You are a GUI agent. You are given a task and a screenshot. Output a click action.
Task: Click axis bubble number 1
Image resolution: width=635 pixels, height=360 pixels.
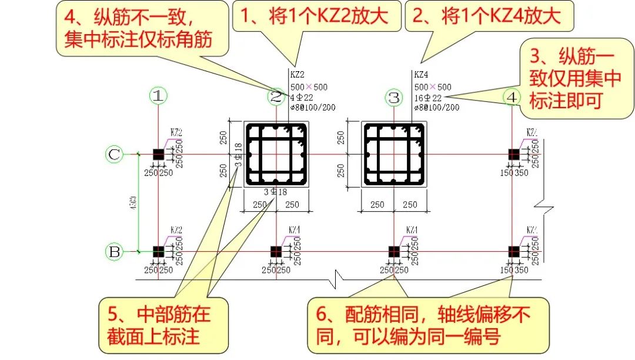[157, 96]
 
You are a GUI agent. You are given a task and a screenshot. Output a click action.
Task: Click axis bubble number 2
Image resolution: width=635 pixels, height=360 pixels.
[276, 97]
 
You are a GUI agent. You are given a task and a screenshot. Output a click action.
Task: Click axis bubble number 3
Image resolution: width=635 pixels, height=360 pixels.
[393, 97]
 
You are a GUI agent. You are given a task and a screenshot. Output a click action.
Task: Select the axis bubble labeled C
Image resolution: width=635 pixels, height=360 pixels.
[115, 154]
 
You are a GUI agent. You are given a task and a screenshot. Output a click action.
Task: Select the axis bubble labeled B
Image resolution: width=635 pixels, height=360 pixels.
[115, 252]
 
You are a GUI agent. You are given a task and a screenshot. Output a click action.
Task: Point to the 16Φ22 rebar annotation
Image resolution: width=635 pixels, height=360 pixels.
[428, 98]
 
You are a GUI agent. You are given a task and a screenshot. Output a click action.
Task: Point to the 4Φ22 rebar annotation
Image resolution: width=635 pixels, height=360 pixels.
[302, 98]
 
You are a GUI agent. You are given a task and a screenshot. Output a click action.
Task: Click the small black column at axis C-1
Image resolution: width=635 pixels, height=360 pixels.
[158, 154]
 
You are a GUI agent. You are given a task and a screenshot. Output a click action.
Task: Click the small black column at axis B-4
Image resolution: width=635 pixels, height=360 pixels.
[513, 251]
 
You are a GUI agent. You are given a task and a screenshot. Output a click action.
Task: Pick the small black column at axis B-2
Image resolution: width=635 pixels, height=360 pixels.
[276, 251]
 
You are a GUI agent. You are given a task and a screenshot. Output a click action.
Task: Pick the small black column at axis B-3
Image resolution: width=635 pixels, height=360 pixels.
[393, 251]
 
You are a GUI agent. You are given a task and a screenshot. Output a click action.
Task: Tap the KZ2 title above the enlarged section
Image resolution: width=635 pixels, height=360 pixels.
[298, 75]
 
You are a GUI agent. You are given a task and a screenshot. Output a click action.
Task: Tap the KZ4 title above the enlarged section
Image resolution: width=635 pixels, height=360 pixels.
[421, 75]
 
